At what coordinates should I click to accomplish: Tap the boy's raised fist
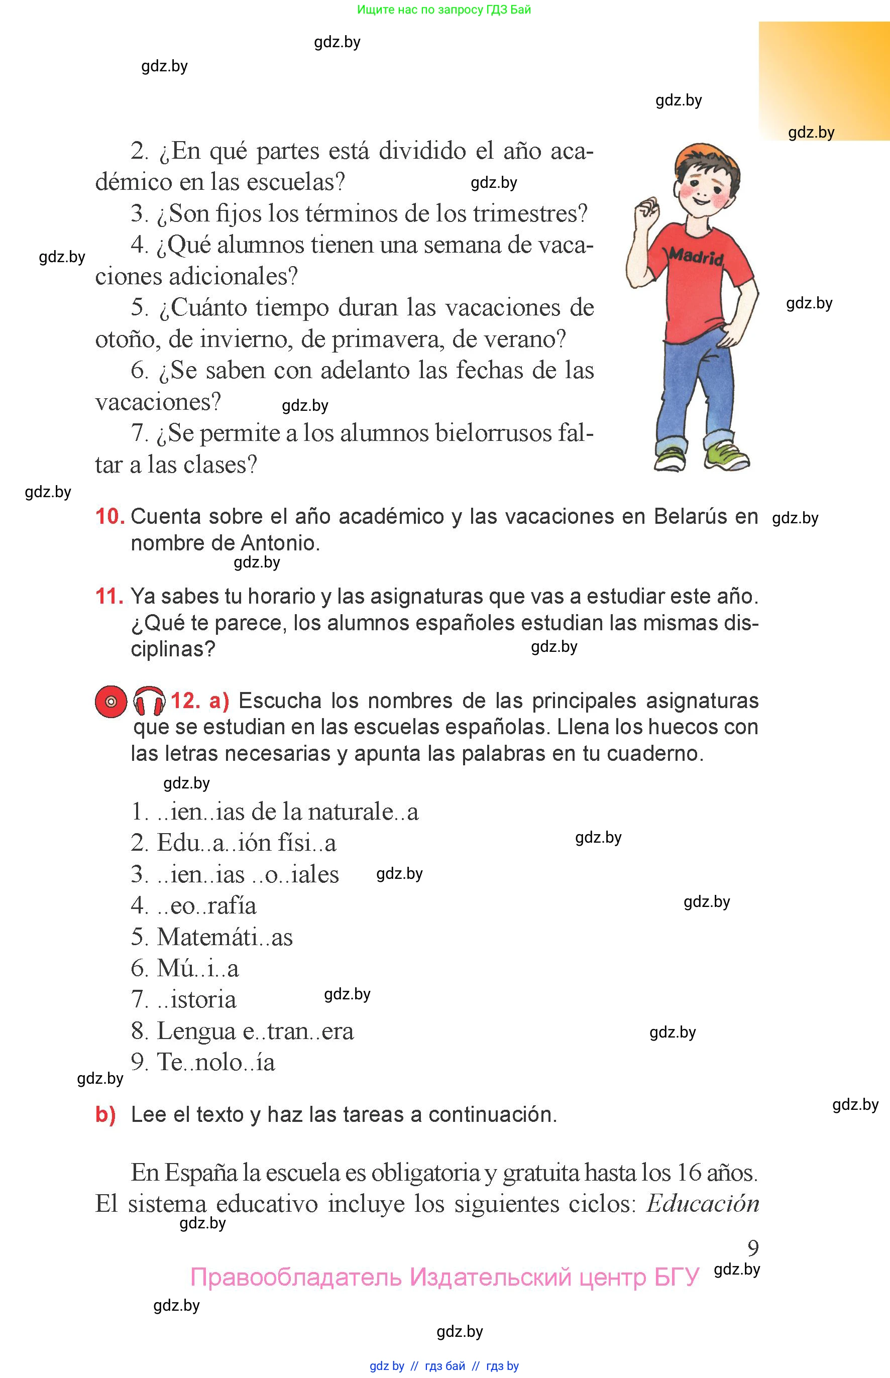click(647, 207)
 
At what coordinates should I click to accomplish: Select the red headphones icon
click(149, 702)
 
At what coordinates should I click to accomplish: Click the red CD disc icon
click(111, 702)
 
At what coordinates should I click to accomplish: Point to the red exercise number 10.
click(110, 516)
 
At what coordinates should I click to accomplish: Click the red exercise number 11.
click(109, 596)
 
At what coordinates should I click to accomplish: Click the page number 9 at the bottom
click(752, 1248)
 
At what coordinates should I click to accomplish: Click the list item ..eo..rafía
click(207, 905)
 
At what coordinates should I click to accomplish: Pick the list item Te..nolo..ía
click(215, 1062)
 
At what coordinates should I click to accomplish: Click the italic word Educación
click(702, 1204)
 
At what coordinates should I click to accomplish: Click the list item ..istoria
click(197, 999)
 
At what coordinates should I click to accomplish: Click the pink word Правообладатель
click(296, 1277)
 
